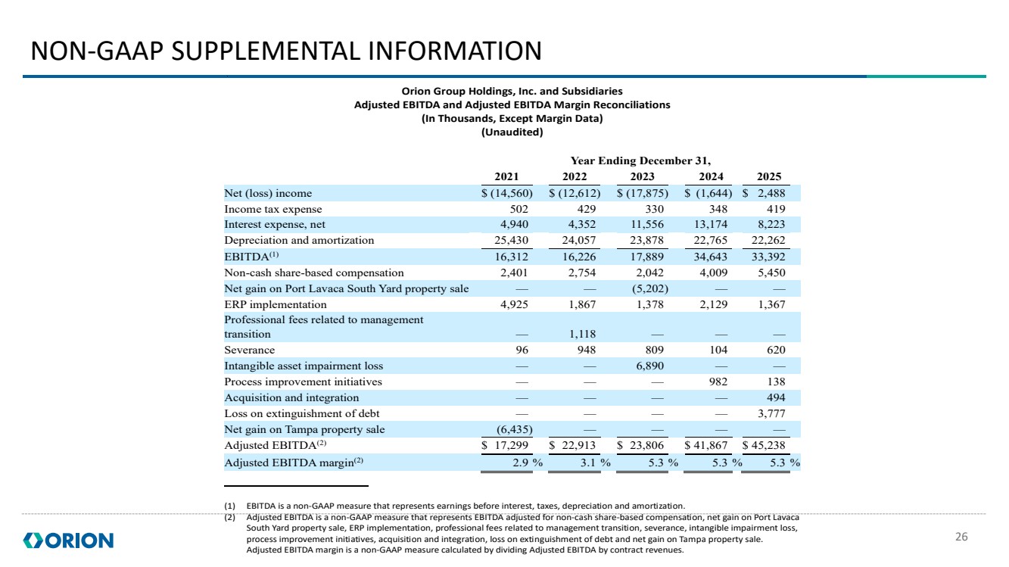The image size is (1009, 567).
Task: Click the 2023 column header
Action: point(642,176)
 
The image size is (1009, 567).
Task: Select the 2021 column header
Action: point(506,176)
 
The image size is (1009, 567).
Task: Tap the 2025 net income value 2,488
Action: point(771,193)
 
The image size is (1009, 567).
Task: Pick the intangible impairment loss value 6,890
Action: point(649,366)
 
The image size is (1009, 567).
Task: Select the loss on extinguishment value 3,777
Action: point(771,413)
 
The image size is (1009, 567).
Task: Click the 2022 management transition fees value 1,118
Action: point(582,334)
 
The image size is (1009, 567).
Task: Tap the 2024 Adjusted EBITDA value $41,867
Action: point(706,445)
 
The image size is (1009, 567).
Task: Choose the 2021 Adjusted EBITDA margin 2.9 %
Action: point(528,463)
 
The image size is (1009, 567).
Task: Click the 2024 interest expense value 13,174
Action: point(710,224)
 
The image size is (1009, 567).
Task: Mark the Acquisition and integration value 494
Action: point(776,397)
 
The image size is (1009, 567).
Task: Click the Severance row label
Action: point(250,350)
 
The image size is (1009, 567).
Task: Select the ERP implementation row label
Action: point(276,305)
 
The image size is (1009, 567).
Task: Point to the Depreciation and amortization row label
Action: point(299,240)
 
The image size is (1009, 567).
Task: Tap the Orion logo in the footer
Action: point(68,541)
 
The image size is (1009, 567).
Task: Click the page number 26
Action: point(961,537)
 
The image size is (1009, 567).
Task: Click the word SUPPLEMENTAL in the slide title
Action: point(266,51)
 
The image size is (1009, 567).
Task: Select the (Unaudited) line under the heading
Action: point(512,132)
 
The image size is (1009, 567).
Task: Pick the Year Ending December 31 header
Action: point(640,160)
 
